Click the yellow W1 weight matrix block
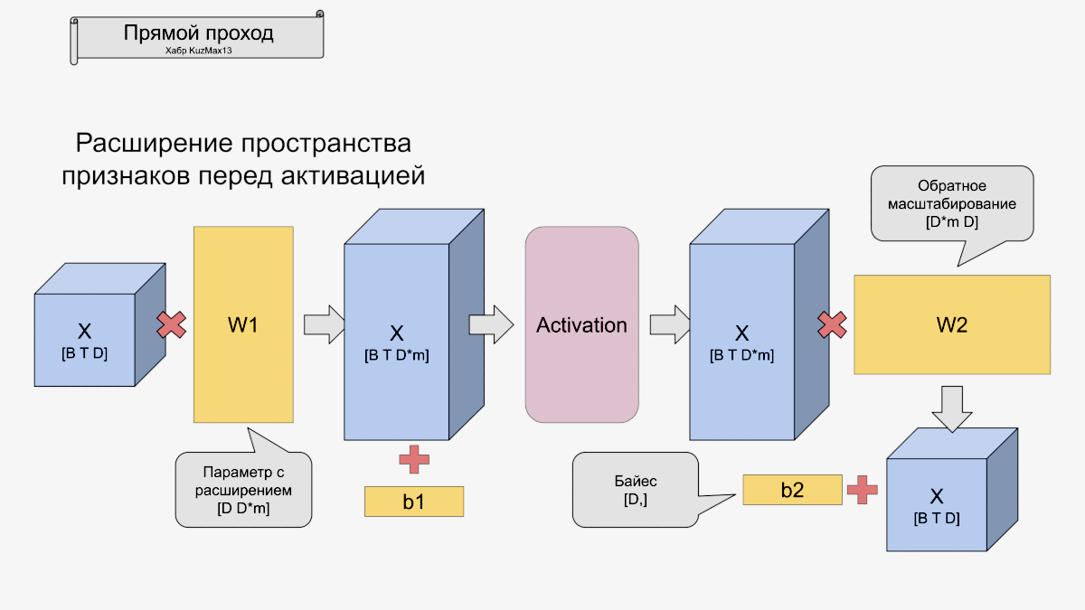pyautogui.click(x=243, y=324)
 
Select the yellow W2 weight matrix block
pyautogui.click(x=952, y=324)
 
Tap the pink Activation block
pyautogui.click(x=581, y=324)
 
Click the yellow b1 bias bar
pyautogui.click(x=413, y=502)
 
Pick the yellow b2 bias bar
pyautogui.click(x=792, y=490)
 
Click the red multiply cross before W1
pyautogui.click(x=172, y=325)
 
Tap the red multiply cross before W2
pyautogui.click(x=832, y=325)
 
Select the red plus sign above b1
pyautogui.click(x=414, y=459)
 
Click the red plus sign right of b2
pyautogui.click(x=862, y=490)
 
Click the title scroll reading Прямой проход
pyautogui.click(x=198, y=35)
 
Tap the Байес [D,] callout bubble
pyautogui.click(x=635, y=490)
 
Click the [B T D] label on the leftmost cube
pyautogui.click(x=84, y=353)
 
